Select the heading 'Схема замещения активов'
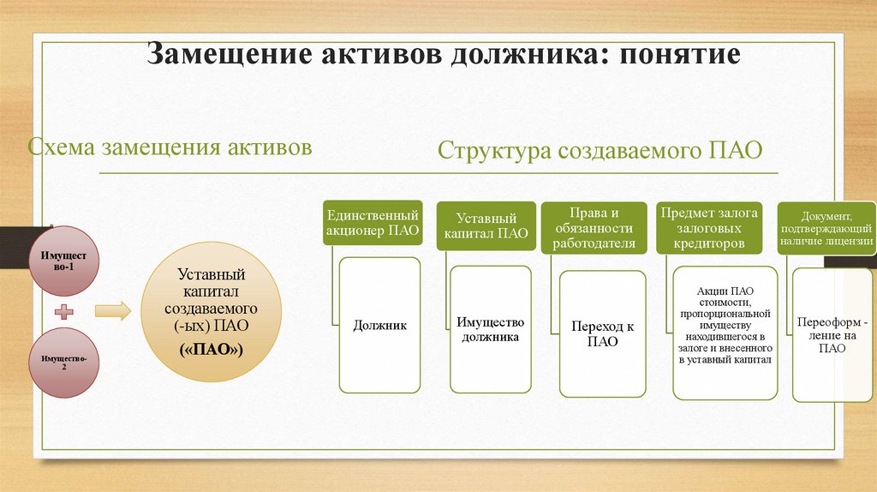tap(170, 147)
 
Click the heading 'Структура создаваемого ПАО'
tap(600, 151)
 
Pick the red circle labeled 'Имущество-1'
tap(65, 261)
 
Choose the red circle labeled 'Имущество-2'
tap(65, 362)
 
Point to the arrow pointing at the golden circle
tap(112, 311)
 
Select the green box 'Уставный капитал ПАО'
tap(486, 225)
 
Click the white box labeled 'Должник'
tap(379, 326)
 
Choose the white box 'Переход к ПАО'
tap(602, 334)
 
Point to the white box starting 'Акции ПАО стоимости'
tap(725, 333)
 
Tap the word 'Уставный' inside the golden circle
tap(212, 275)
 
